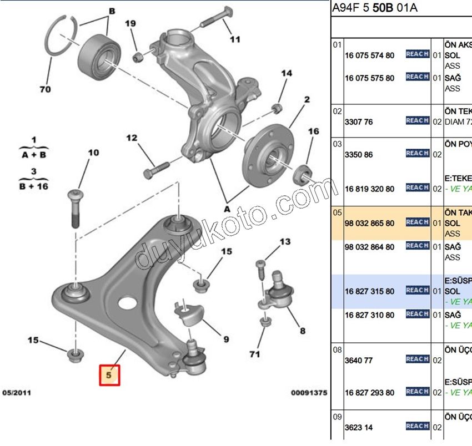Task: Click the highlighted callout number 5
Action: tap(109, 375)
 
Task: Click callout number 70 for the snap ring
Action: tap(45, 89)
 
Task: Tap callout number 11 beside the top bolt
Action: tap(235, 39)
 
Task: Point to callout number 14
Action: tap(286, 73)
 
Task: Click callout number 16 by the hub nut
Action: tap(314, 131)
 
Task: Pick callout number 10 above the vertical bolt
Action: tap(93, 153)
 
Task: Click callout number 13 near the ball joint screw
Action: tap(285, 241)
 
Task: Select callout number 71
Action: tap(255, 353)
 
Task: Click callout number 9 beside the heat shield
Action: tap(226, 339)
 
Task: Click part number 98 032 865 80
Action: tap(369, 223)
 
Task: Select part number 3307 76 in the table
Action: tap(358, 121)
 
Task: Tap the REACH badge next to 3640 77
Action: tap(417, 359)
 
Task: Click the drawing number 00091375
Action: tap(309, 393)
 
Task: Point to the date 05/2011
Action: tap(17, 393)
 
